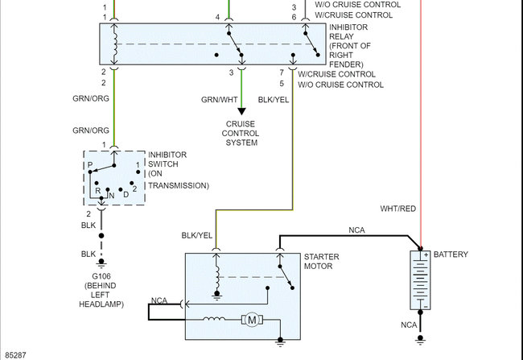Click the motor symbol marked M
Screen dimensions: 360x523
pyautogui.click(x=253, y=320)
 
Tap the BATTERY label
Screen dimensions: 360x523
pyautogui.click(x=451, y=254)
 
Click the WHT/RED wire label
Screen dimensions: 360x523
pyautogui.click(x=398, y=209)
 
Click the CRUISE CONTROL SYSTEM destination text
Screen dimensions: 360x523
pyautogui.click(x=241, y=133)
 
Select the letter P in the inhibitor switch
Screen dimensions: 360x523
pyautogui.click(x=91, y=165)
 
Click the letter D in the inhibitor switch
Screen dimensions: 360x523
pyautogui.click(x=126, y=194)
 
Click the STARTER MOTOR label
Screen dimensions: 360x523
pyautogui.click(x=321, y=262)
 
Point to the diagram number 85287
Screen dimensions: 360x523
pyautogui.click(x=15, y=354)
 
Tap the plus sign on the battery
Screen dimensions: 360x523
pyautogui.click(x=426, y=255)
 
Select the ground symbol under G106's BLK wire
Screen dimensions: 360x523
pyautogui.click(x=101, y=263)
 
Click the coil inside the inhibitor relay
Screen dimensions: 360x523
pyautogui.click(x=115, y=45)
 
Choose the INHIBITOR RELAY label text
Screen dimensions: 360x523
pyautogui.click(x=350, y=45)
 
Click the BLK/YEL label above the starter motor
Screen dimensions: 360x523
pyautogui.click(x=197, y=235)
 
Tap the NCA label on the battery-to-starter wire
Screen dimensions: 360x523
pyautogui.click(x=356, y=230)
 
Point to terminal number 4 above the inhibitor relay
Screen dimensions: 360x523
pyautogui.click(x=217, y=17)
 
